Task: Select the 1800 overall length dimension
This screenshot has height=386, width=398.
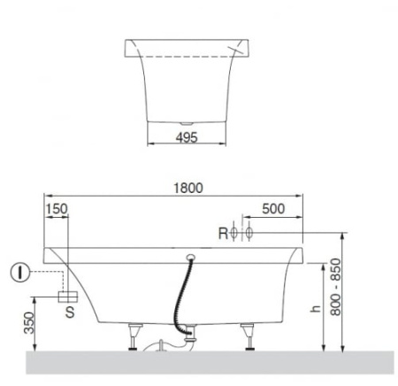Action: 188,188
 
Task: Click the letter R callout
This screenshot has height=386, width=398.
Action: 224,234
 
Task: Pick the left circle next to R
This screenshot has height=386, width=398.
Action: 237,234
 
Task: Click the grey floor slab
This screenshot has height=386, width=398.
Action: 199,363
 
